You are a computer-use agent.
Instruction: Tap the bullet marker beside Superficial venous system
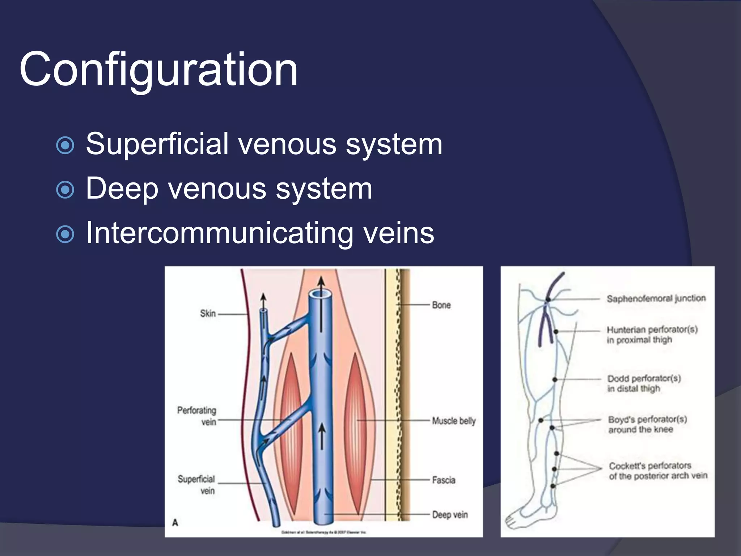click(x=65, y=146)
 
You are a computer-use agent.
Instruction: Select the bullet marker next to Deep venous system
click(x=65, y=190)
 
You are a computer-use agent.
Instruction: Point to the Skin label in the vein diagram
click(x=208, y=313)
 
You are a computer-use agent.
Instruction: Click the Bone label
click(x=441, y=305)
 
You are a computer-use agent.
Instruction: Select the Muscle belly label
click(x=453, y=421)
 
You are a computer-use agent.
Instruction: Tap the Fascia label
click(x=443, y=480)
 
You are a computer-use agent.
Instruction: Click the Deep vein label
click(x=449, y=514)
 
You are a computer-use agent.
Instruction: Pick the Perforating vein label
click(x=197, y=416)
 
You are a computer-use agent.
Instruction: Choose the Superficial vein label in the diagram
click(x=196, y=485)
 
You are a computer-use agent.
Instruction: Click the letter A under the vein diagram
click(x=175, y=522)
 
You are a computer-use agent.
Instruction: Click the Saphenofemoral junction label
click(x=656, y=299)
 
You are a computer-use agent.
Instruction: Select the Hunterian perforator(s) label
click(x=652, y=334)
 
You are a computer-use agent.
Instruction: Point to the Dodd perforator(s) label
click(x=644, y=383)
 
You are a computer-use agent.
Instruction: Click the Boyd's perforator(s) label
click(x=647, y=424)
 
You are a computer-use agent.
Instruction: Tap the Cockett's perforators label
click(x=657, y=471)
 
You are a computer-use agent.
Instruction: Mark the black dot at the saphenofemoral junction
click(x=548, y=300)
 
